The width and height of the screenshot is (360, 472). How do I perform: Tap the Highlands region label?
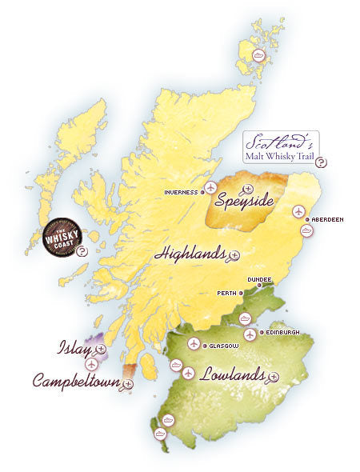click(x=190, y=254)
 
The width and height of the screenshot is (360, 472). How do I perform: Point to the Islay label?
click(x=74, y=348)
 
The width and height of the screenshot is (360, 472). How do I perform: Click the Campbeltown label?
click(x=76, y=381)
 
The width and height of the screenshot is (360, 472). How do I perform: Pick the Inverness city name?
click(x=181, y=192)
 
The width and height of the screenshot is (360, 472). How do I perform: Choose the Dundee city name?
click(x=259, y=280)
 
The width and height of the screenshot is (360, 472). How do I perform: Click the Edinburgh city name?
click(x=284, y=332)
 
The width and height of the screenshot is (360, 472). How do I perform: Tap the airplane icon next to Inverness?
click(x=210, y=188)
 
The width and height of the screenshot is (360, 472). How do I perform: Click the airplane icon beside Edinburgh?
click(x=250, y=334)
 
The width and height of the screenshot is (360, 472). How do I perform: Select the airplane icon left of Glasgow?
click(x=193, y=344)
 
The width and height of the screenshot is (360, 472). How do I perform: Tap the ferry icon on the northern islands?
click(x=258, y=55)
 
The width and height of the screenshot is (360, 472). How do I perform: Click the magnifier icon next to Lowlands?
click(x=274, y=376)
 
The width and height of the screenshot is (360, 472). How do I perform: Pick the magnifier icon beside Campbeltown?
click(x=128, y=384)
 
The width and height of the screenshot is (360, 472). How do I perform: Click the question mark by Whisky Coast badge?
click(x=82, y=251)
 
